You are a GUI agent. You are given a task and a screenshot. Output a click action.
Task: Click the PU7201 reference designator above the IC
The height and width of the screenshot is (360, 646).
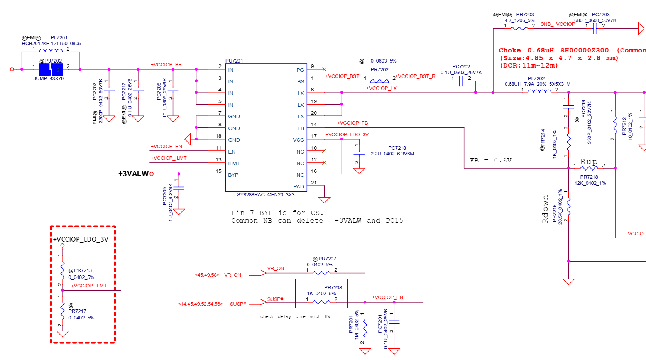tap(234, 61)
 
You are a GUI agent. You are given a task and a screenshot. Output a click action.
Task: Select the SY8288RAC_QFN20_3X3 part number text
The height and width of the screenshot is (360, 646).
tap(266, 195)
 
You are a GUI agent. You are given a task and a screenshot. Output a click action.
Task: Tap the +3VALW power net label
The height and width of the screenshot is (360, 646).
tap(133, 174)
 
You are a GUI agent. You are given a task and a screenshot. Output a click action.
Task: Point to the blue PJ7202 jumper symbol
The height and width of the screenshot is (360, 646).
tap(51, 69)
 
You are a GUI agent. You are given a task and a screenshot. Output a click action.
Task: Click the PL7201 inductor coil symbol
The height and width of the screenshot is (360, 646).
tap(51, 50)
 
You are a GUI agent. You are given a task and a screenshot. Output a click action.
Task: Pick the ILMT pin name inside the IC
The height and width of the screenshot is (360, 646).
tap(234, 164)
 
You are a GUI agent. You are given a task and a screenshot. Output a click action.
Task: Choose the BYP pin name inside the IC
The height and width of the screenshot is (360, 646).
tap(233, 175)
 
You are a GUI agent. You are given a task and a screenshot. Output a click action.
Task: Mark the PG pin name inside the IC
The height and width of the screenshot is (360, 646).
tap(300, 70)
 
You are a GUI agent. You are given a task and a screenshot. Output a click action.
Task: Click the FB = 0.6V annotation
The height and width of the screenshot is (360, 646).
tap(490, 161)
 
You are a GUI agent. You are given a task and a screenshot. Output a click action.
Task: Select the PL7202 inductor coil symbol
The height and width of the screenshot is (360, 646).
tap(539, 91)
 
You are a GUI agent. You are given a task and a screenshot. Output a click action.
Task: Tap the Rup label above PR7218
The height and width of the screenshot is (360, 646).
tap(589, 162)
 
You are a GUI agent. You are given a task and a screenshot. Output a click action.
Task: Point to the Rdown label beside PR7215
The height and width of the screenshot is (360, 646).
tap(545, 209)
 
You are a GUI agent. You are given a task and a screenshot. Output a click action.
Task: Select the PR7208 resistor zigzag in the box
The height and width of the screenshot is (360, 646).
tap(321, 302)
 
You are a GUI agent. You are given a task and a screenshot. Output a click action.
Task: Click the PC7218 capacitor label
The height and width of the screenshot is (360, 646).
tap(397, 148)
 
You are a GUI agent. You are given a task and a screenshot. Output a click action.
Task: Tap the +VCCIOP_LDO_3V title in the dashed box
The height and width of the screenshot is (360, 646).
tap(81, 240)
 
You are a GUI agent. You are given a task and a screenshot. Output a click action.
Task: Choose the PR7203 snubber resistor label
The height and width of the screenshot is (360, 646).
tap(525, 15)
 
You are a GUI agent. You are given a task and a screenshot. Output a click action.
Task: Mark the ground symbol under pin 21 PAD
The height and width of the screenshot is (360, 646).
tap(324, 200)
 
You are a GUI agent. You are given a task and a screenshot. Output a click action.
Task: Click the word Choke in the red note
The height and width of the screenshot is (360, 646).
tap(509, 51)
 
